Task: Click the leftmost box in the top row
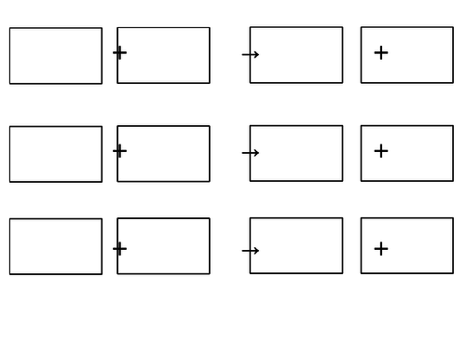tap(56, 56)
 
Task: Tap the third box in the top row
tap(296, 55)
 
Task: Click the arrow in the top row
tap(250, 55)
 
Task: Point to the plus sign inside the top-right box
tap(380, 53)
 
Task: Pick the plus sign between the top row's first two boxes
tap(119, 52)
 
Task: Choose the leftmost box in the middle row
tap(56, 154)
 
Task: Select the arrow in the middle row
tap(250, 153)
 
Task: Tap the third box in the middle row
tap(296, 153)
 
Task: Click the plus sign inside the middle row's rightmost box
tap(380, 151)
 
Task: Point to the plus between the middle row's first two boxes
tap(119, 150)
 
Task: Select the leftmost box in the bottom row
tap(56, 246)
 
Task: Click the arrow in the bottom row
tap(250, 251)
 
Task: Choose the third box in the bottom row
tap(296, 245)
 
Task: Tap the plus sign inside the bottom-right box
tap(380, 249)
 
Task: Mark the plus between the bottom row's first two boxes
tap(119, 248)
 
